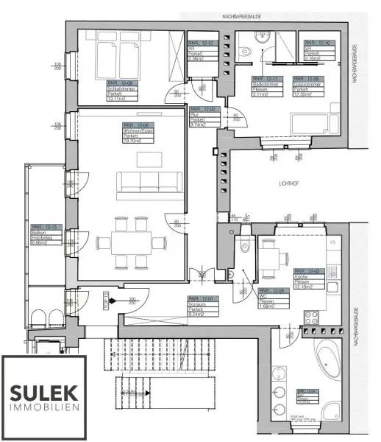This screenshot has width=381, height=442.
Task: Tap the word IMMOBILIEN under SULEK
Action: pyautogui.click(x=44, y=407)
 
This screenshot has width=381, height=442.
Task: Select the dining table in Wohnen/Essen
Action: pyautogui.click(x=132, y=242)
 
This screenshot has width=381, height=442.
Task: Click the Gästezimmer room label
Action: pyautogui.click(x=308, y=87)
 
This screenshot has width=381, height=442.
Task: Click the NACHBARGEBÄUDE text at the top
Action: pyautogui.click(x=229, y=15)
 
